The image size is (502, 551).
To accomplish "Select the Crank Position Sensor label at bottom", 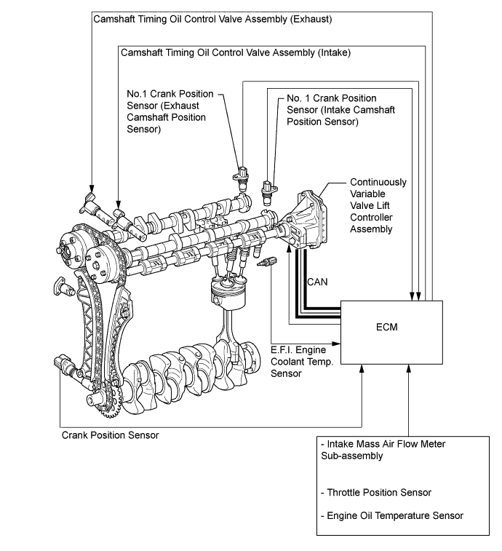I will coord(109,435).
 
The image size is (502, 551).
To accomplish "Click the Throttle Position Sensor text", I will coord(375,493).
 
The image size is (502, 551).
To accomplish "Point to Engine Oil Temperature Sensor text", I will coord(391,516).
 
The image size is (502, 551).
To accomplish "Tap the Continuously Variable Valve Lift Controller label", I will coord(378,205).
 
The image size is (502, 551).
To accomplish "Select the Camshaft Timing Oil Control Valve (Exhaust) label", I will coord(213,19).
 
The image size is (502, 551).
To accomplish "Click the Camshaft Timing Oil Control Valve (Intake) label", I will coord(236,52).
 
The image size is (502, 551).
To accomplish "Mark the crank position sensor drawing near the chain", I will coord(61,362).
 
